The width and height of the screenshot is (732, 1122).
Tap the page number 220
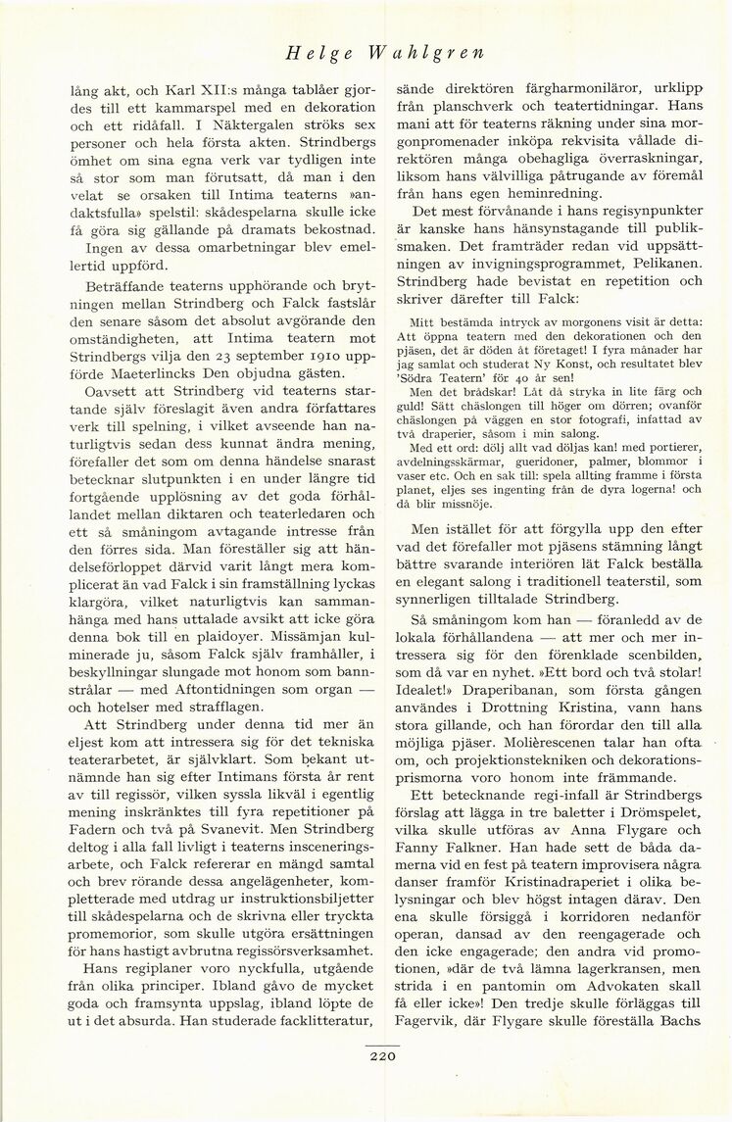tap(382, 1055)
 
